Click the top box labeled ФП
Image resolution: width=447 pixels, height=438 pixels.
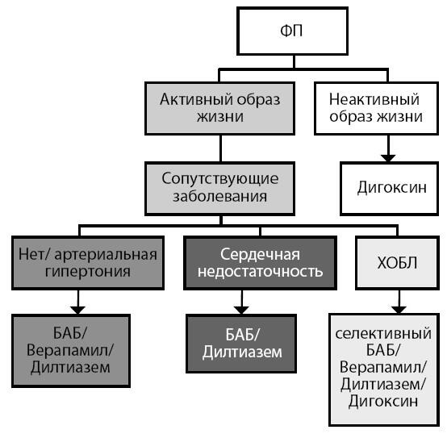coord(293,31)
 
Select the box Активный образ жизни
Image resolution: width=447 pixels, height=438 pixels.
coord(219,108)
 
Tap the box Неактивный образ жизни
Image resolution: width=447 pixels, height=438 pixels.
coord(376,108)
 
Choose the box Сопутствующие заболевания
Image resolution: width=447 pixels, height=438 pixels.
coord(219,189)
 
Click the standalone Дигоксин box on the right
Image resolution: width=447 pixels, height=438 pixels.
coord(390,189)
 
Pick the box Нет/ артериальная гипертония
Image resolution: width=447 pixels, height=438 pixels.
coord(88,263)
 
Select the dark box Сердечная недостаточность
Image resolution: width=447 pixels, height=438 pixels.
coord(260,263)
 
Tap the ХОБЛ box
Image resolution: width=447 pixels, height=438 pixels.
coord(397,263)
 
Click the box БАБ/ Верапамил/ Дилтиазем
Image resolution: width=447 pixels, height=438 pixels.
coord(71,351)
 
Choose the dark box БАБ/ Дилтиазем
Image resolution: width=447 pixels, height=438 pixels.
coord(241,344)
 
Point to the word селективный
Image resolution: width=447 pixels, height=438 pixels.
coord(383,334)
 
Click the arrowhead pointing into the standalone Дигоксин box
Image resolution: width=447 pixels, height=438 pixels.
coord(388,158)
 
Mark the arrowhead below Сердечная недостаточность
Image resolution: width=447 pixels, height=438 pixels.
coord(241,311)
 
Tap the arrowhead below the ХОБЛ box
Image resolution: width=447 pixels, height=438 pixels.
coord(399,310)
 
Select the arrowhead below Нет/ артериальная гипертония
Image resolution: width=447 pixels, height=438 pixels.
coord(78,311)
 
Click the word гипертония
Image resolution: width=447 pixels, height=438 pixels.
coord(88,272)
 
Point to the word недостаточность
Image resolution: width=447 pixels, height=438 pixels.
coord(261,272)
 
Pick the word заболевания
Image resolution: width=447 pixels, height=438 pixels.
coord(219,197)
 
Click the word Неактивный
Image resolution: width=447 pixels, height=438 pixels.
coord(374,99)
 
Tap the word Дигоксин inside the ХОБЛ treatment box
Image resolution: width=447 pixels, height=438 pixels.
coord(383,402)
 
